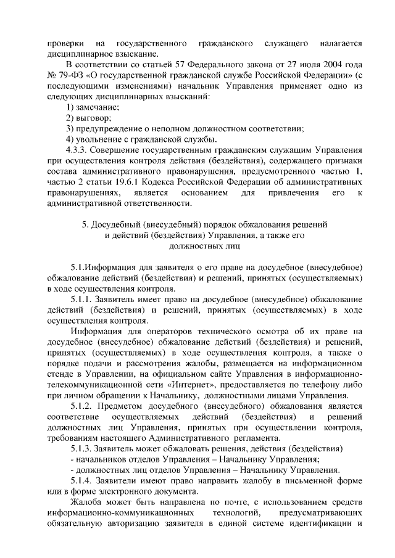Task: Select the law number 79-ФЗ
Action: [x=66, y=76]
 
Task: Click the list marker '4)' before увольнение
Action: [x=70, y=139]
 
